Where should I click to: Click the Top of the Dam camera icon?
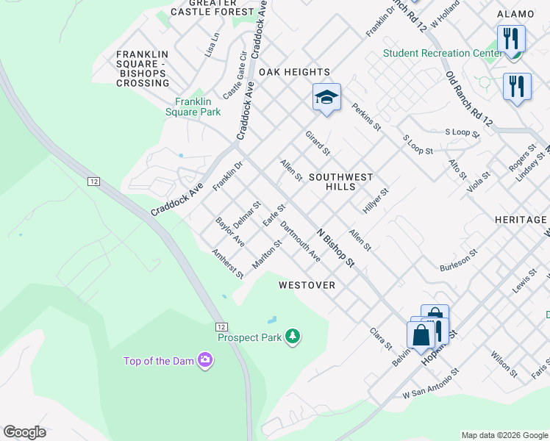click(205, 360)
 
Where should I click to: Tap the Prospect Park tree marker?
click(293, 337)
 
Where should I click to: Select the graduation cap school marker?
click(326, 97)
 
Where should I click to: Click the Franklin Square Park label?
click(198, 107)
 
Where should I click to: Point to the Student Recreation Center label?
click(437, 53)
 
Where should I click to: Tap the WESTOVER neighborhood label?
click(307, 285)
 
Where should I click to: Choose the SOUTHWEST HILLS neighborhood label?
click(340, 182)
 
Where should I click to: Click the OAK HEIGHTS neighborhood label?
click(293, 72)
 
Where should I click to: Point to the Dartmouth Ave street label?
click(300, 242)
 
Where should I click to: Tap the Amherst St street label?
click(228, 264)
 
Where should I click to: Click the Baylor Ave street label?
click(230, 232)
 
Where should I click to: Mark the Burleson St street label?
click(458, 259)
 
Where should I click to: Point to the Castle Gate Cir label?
click(235, 76)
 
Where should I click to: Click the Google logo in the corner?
click(24, 432)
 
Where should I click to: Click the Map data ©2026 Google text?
click(504, 435)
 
